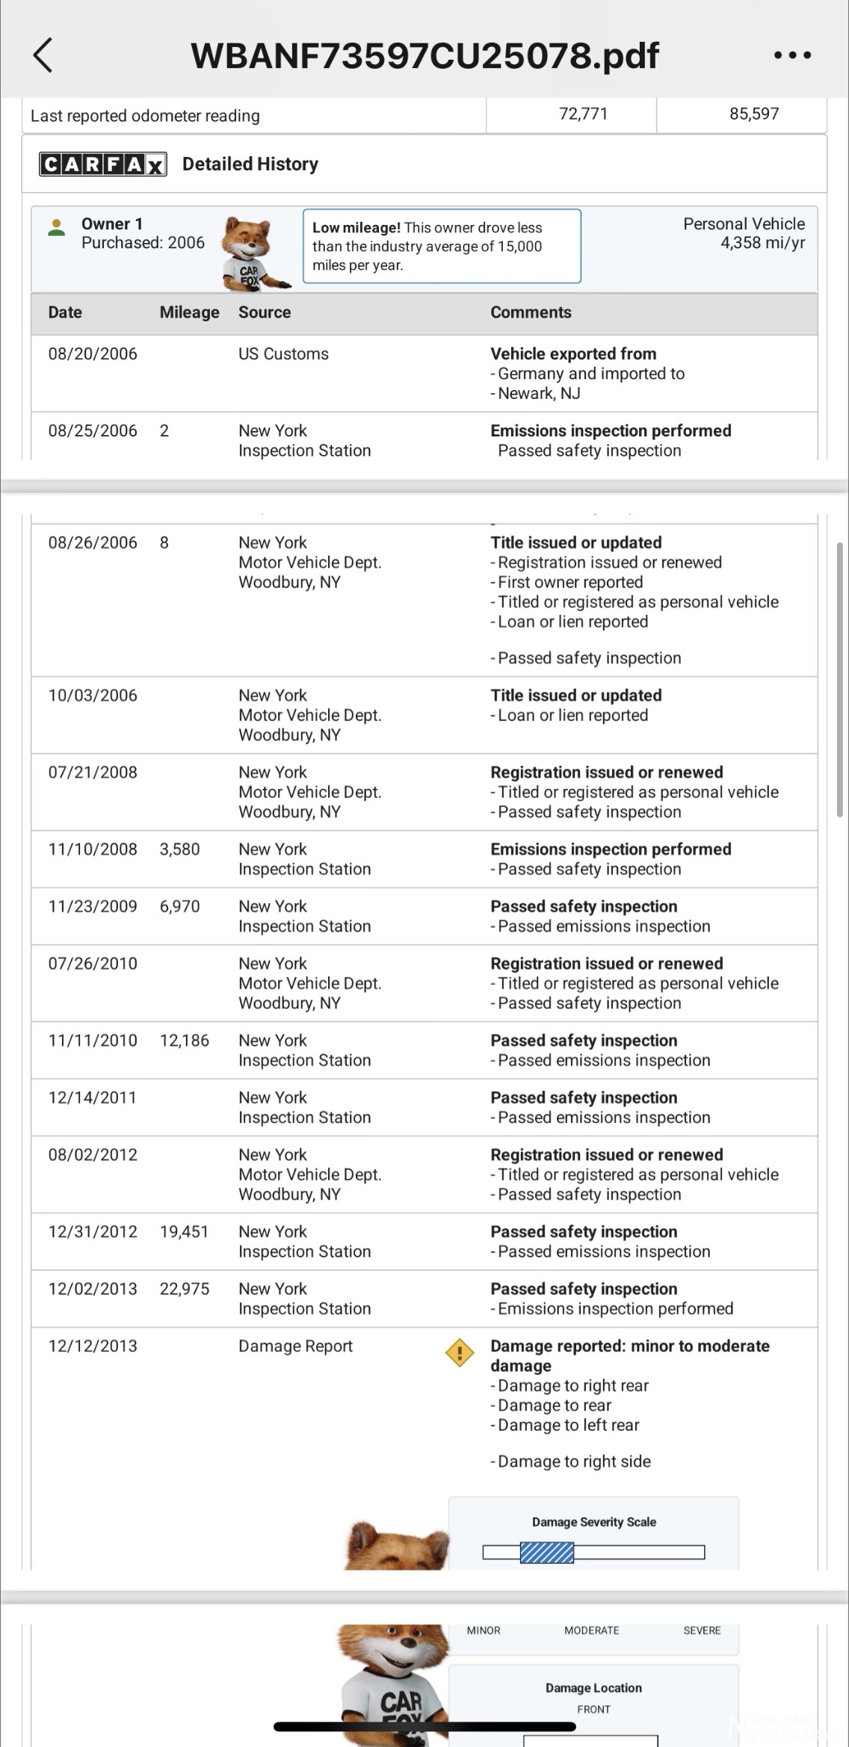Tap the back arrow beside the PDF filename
tap(43, 55)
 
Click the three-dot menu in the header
tap(792, 55)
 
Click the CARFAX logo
tap(102, 164)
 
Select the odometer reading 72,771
tap(583, 114)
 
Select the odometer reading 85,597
tap(754, 114)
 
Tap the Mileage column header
tap(189, 312)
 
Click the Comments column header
tap(531, 312)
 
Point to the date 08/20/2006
tap(93, 354)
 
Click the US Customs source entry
tap(283, 354)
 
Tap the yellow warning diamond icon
tap(460, 1352)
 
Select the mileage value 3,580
tap(179, 850)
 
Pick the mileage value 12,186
tap(184, 1041)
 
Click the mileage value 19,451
tap(184, 1232)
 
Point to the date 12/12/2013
tap(93, 1346)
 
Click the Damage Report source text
tap(295, 1346)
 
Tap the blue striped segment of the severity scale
tap(547, 1553)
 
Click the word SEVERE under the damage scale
tap(702, 1630)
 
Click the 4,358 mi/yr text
tap(762, 243)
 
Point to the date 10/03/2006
tap(93, 696)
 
